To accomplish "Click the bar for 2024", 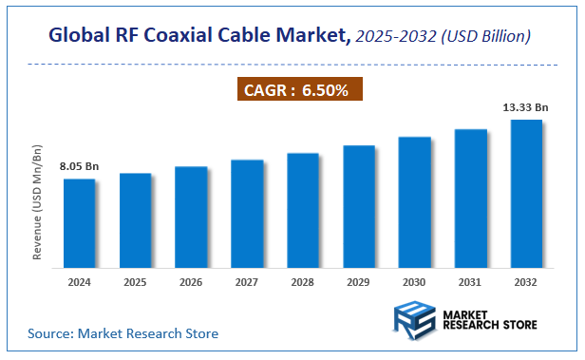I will pyautogui.click(x=80, y=223).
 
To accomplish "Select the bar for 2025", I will pyautogui.click(x=136, y=220).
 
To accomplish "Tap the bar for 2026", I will pyautogui.click(x=191, y=218).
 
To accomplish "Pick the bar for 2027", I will pyautogui.click(x=247, y=214).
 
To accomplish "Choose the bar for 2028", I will pyautogui.click(x=303, y=210).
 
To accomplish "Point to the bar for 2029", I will pyautogui.click(x=359, y=206).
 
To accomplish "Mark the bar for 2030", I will pyautogui.click(x=415, y=202).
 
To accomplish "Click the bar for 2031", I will pyautogui.click(x=471, y=198).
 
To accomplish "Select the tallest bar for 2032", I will pyautogui.click(x=526, y=194).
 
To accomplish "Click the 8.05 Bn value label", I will pyautogui.click(x=79, y=167).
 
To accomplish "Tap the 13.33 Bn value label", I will pyautogui.click(x=526, y=108).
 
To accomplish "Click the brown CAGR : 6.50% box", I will pyautogui.click(x=299, y=91).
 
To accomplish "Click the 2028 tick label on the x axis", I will pyautogui.click(x=303, y=282).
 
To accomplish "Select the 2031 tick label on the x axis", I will pyautogui.click(x=471, y=282).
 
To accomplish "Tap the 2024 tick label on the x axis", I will pyautogui.click(x=80, y=282).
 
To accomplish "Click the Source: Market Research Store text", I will pyautogui.click(x=123, y=333).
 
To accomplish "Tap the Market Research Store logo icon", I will pyautogui.click(x=415, y=319).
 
